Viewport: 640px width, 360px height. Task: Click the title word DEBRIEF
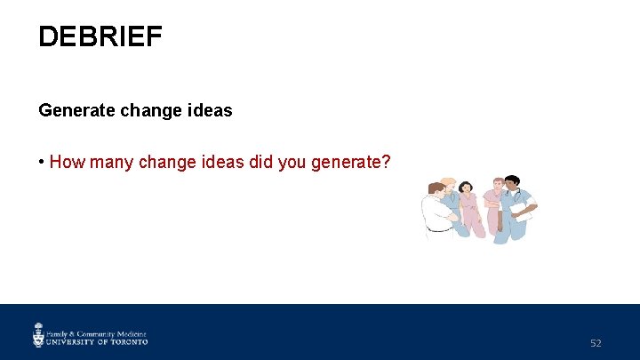100,37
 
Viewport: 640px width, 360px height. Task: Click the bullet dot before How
42,162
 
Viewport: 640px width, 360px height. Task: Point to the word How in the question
66,162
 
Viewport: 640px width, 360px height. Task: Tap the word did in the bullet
252,162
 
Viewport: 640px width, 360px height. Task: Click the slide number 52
596,343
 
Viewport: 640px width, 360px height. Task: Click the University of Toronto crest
38,335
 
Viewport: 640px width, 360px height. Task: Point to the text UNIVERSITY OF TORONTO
97,341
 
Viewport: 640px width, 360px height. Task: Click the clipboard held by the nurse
524,211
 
